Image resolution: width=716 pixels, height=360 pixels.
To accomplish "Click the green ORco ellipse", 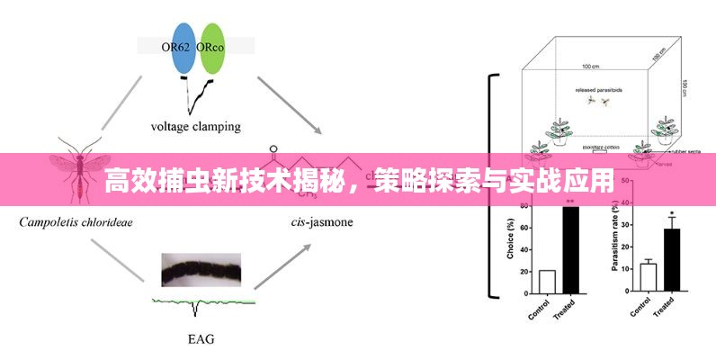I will point(212,48).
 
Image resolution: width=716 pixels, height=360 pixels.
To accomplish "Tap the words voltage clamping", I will point(195,127).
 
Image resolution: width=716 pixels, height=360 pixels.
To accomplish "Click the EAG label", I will point(201,339).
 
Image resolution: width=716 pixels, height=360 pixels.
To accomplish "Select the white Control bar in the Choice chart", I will point(547,282).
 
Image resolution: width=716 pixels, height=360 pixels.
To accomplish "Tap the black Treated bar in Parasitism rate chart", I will point(672,261).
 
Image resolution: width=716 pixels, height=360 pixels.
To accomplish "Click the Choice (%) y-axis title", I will point(511,242).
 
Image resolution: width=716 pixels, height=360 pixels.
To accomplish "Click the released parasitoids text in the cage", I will point(598,91).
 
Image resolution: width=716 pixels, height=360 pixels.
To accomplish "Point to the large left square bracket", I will point(490,184).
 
